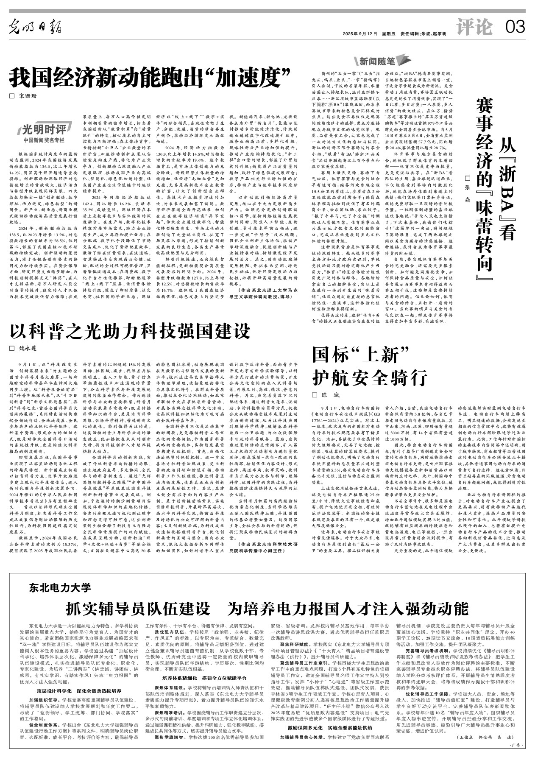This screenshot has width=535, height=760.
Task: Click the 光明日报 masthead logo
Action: [x=36, y=28]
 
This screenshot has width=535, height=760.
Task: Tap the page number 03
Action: [x=515, y=28]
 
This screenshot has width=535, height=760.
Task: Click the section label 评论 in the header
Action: [x=475, y=28]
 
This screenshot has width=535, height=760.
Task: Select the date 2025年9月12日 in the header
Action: [x=360, y=34]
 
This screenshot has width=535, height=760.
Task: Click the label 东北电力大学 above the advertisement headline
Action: [x=60, y=587]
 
